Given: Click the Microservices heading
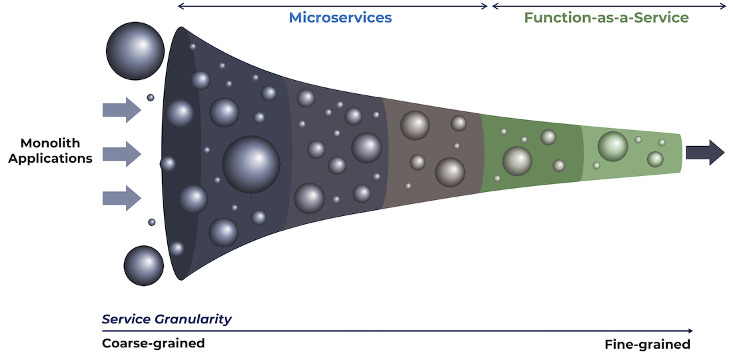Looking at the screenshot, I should [x=340, y=17].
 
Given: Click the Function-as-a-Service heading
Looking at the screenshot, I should [x=606, y=17].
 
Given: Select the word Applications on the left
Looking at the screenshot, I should [x=51, y=159].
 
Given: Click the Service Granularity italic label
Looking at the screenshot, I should [x=167, y=319].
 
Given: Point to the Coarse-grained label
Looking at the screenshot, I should [x=153, y=343].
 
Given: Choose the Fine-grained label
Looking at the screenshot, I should [x=647, y=345].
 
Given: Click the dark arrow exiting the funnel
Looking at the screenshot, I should [x=704, y=153].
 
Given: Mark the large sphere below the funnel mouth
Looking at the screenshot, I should [x=144, y=265].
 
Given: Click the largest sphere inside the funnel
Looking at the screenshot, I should [x=251, y=164].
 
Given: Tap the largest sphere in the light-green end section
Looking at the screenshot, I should [x=612, y=147].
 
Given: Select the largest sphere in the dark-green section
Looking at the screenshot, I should [x=517, y=161].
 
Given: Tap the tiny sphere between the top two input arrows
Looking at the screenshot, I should [x=151, y=98].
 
